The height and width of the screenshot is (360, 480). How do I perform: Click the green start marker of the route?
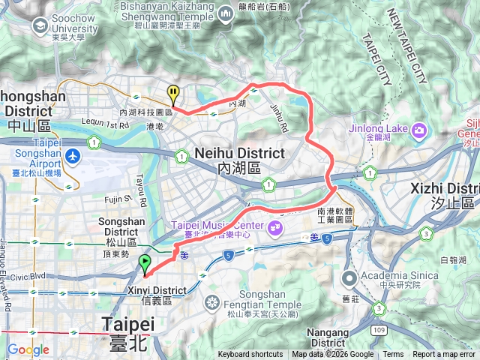pos(144,264)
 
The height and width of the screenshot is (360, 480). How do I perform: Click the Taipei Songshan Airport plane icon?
pos(72,157)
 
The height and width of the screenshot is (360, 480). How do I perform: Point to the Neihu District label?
pos(238,154)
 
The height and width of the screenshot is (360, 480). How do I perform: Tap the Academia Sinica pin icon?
pos(349,279)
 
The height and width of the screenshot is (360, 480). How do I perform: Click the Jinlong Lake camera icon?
pos(418,129)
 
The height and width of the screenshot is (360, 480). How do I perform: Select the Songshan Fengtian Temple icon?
pos(213,303)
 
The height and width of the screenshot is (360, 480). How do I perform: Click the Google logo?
pos(28,349)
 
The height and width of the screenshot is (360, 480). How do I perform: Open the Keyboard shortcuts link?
pos(250,355)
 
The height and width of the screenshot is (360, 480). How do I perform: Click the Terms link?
pos(393,355)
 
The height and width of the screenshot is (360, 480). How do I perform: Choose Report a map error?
pos(444,355)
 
